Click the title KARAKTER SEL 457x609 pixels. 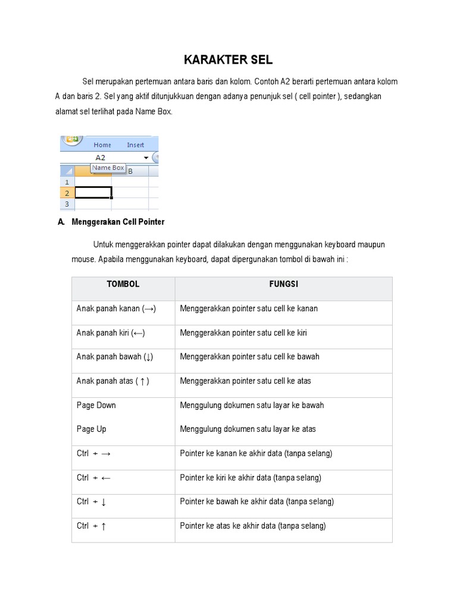click(x=228, y=59)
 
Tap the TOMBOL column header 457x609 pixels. click(x=123, y=284)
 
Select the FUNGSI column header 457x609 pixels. click(x=283, y=284)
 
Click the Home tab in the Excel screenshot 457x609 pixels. click(x=102, y=145)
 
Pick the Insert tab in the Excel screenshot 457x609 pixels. click(x=135, y=145)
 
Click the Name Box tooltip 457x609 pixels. click(x=108, y=168)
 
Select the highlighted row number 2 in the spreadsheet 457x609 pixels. click(x=67, y=193)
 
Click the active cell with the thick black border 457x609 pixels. click(x=93, y=193)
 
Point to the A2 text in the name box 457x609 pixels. click(x=100, y=158)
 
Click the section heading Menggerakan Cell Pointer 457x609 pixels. click(x=118, y=222)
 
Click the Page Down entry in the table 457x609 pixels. click(x=96, y=405)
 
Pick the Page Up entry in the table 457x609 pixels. click(x=91, y=429)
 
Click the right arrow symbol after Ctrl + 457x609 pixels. click(x=106, y=454)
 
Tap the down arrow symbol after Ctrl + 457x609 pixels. click(x=104, y=502)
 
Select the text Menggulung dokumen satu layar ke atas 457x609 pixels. click(x=248, y=429)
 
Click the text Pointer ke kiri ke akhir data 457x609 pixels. click(x=251, y=478)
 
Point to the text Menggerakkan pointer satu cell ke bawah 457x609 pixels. click(x=249, y=357)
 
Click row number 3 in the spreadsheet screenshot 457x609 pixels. click(x=67, y=204)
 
